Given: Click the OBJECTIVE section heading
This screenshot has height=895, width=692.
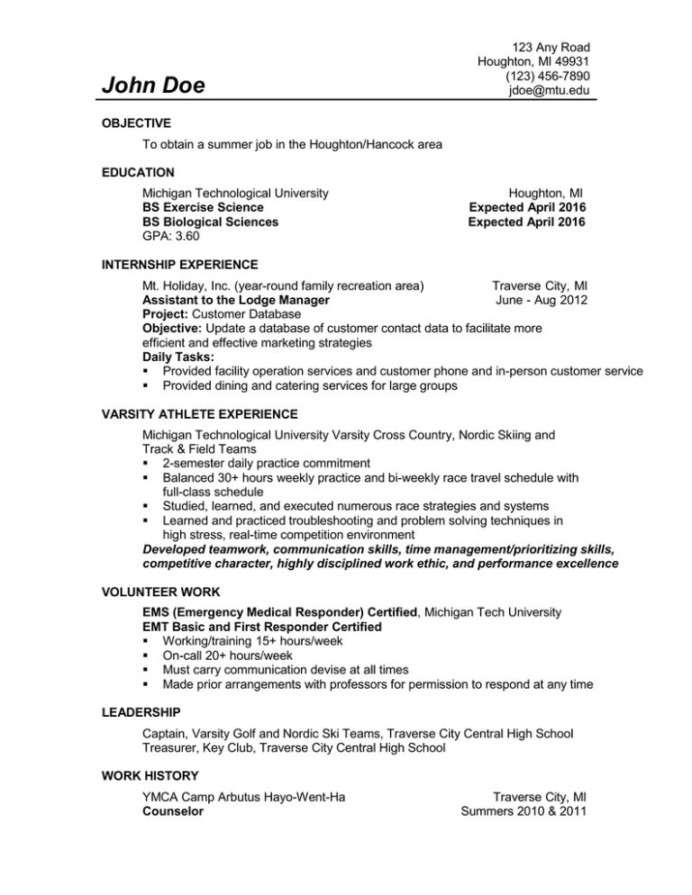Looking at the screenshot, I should (x=136, y=122).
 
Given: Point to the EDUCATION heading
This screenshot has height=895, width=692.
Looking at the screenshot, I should (x=138, y=171).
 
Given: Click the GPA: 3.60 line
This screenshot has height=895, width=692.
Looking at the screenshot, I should (x=172, y=237).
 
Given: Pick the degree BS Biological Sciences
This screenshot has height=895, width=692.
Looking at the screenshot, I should (x=210, y=221).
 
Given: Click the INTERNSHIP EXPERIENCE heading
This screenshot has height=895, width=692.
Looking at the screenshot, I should (x=180, y=264).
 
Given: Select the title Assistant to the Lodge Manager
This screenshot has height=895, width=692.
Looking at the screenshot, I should (x=235, y=300).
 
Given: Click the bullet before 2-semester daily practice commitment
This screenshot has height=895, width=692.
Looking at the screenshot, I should (x=145, y=463).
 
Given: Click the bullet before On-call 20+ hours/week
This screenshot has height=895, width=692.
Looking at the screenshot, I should (x=145, y=655).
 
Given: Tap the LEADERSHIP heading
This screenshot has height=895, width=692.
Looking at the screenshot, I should (x=141, y=712).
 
